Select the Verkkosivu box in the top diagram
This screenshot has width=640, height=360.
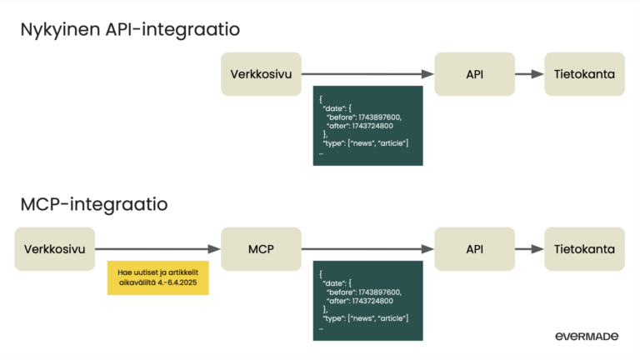click(x=261, y=74)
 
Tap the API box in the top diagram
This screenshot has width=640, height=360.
click(x=474, y=74)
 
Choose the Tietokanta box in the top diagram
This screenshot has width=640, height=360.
click(x=584, y=74)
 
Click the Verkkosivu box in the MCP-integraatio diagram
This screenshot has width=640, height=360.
click(x=55, y=248)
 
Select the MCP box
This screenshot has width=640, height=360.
click(x=261, y=248)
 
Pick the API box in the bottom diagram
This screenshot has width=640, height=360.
click(x=474, y=248)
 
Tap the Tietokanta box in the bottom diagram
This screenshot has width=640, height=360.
click(x=584, y=248)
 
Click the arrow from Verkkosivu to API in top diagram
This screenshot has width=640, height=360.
click(x=367, y=74)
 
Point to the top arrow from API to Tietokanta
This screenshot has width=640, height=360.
click(x=529, y=74)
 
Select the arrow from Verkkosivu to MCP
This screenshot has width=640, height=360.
click(x=158, y=248)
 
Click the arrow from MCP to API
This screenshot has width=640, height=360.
click(x=367, y=248)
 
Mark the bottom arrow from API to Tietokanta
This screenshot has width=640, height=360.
click(x=529, y=248)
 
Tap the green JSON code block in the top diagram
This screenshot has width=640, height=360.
click(x=366, y=125)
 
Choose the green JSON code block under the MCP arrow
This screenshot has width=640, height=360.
click(x=366, y=299)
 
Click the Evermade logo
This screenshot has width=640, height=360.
click(x=587, y=336)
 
